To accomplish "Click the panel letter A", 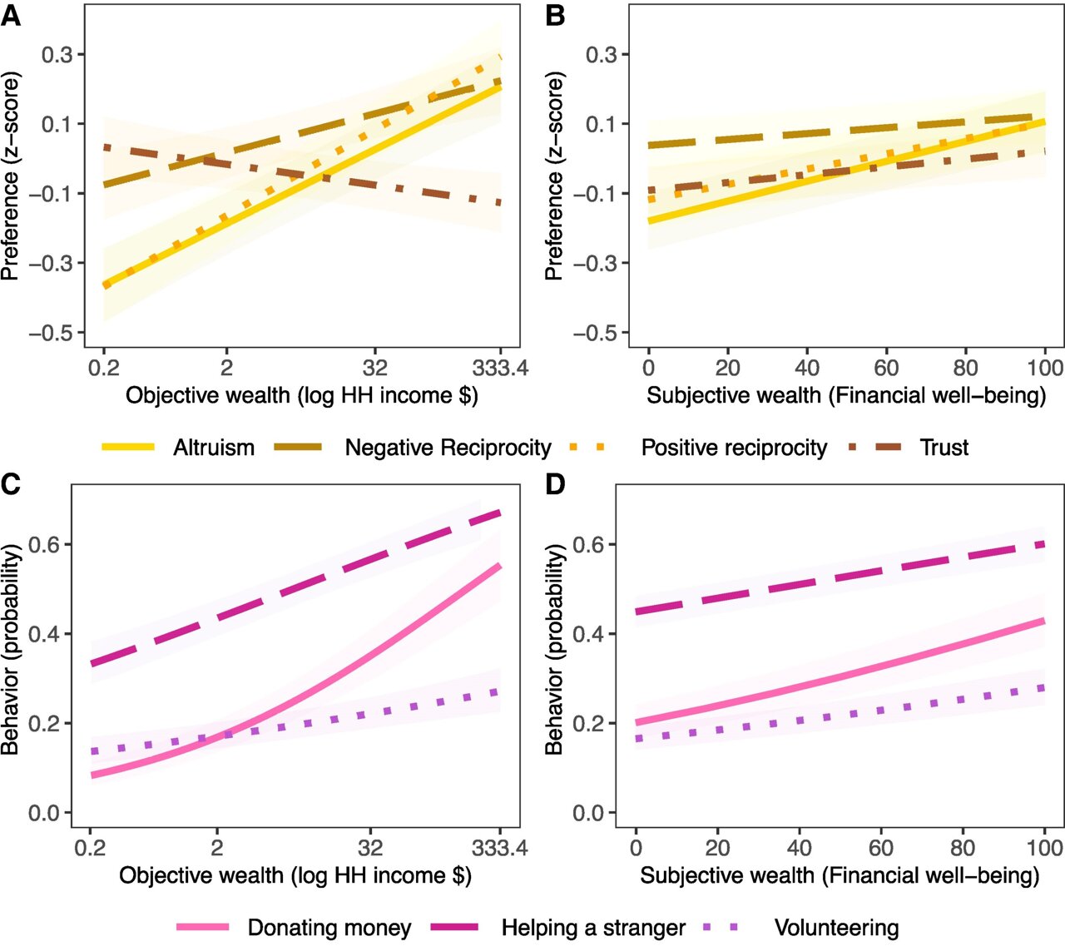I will pos(11,15).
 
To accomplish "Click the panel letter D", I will pos(555,483).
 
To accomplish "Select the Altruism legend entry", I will pos(213,448).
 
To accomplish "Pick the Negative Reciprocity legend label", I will pos(448,448).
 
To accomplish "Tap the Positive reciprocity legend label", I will pos(734,448).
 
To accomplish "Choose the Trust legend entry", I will pos(944,448).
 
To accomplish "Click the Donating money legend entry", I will pos(329,928).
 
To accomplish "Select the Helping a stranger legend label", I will pos(593,928).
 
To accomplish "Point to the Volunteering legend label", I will pos(836,928).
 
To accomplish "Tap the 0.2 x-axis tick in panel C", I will pos(90,848).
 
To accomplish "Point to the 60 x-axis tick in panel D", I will pos(881,848).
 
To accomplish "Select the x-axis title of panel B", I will pos(846,395).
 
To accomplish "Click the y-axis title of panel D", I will pos(554,650).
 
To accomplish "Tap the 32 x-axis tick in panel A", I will pos(375,368).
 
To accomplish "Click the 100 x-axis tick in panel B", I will pos(1045,368).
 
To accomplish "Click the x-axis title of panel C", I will pos(295,875).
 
